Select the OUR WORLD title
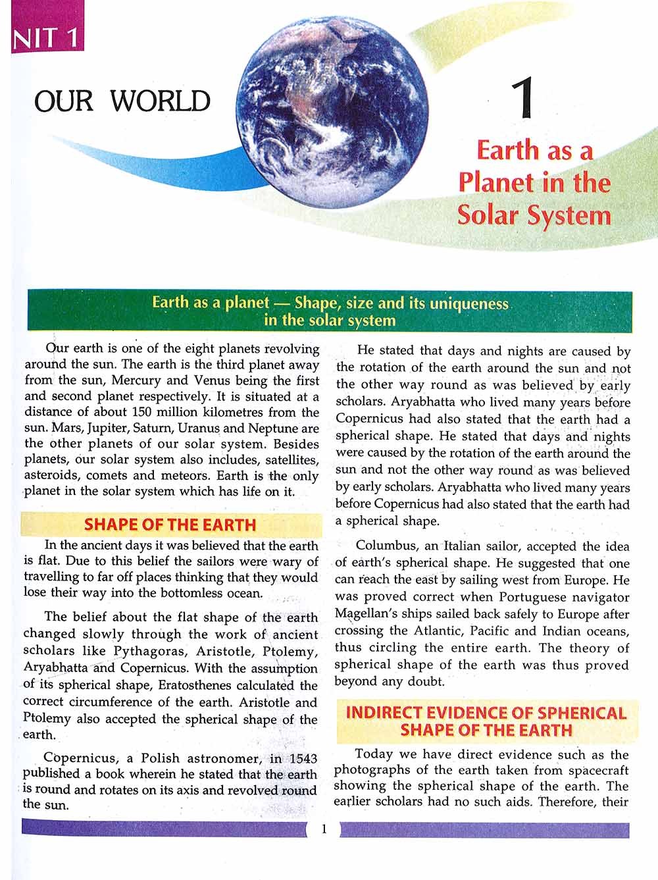click(x=122, y=101)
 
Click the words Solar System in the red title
click(x=534, y=215)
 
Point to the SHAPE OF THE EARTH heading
click(x=170, y=525)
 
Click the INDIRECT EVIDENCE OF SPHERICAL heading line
click(x=486, y=713)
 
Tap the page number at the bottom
click(x=323, y=829)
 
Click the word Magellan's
click(x=368, y=614)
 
